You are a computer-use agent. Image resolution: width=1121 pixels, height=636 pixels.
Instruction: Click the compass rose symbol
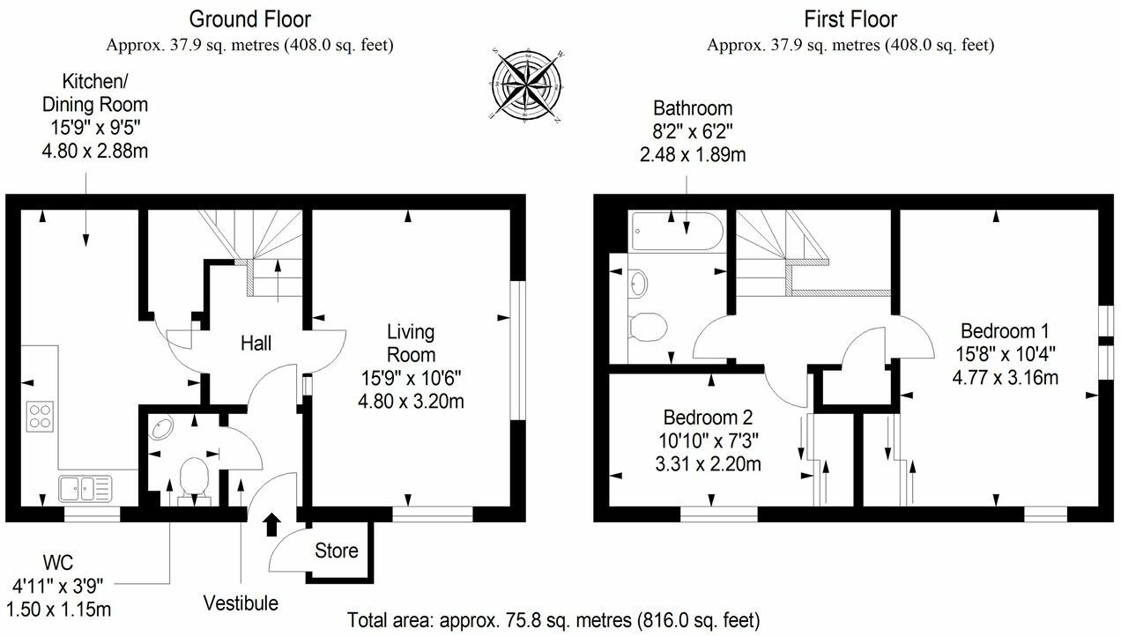click(x=527, y=85)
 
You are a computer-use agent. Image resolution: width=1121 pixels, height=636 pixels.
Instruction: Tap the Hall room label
click(x=256, y=344)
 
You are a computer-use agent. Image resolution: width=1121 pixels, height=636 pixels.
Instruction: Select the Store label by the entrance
click(x=337, y=551)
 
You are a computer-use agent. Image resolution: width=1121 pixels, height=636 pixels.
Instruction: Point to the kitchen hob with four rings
click(x=41, y=414)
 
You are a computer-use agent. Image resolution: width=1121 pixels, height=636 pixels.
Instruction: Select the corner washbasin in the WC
click(x=161, y=428)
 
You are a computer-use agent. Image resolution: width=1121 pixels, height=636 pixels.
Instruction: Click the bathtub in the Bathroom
click(x=677, y=232)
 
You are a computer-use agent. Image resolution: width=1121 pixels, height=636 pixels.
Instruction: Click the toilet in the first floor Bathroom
click(x=648, y=327)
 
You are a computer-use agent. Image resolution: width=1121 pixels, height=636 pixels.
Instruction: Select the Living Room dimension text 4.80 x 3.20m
click(x=412, y=402)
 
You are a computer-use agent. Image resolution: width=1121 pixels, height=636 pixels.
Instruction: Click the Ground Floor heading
click(x=250, y=18)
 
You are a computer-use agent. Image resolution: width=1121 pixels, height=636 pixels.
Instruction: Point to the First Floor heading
click(x=850, y=18)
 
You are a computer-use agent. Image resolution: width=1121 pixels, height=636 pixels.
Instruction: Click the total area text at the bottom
click(x=553, y=619)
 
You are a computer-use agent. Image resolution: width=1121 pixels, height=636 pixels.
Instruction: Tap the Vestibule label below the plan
click(x=241, y=603)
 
